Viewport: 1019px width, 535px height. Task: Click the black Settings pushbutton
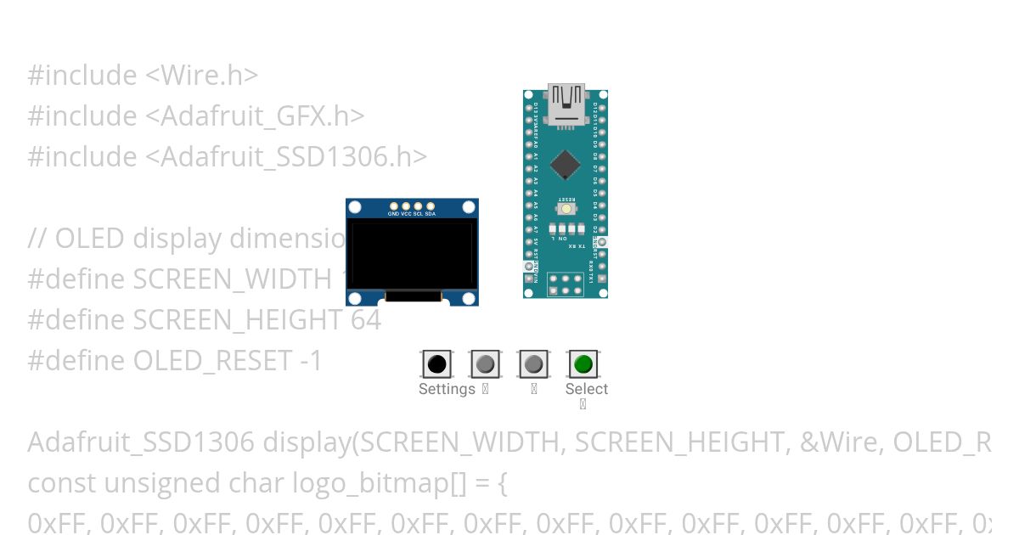tap(436, 364)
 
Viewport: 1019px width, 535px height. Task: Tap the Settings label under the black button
tap(447, 389)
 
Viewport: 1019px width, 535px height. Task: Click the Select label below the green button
tap(587, 389)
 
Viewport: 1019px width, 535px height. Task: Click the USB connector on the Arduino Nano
tap(566, 104)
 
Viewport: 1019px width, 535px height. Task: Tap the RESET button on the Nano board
tap(565, 208)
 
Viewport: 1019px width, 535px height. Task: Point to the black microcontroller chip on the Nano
tap(565, 166)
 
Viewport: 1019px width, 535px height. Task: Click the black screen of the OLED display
tap(412, 254)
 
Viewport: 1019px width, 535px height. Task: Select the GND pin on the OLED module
tap(394, 206)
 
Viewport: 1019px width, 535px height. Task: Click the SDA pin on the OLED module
tap(431, 206)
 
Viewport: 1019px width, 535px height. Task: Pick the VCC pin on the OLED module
tap(406, 206)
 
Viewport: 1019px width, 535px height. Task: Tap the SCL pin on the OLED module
tap(419, 206)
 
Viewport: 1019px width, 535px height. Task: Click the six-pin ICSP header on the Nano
tap(565, 284)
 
